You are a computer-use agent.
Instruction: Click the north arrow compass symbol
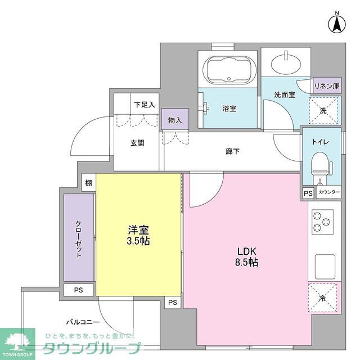coord(336,22)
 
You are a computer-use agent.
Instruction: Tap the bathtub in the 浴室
coord(228,70)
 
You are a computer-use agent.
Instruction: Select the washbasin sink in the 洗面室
coord(287,61)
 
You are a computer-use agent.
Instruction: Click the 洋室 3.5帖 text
coord(138,235)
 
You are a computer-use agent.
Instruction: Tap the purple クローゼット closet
coord(79,237)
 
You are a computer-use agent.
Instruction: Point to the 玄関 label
coord(137,143)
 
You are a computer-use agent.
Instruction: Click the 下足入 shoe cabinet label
coord(144,105)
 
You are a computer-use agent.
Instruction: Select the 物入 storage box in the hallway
coord(174,120)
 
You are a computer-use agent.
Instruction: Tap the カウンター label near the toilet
coord(329,192)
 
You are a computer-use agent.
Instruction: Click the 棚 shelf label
coord(88,183)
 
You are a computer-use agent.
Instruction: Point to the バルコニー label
coord(83,322)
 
